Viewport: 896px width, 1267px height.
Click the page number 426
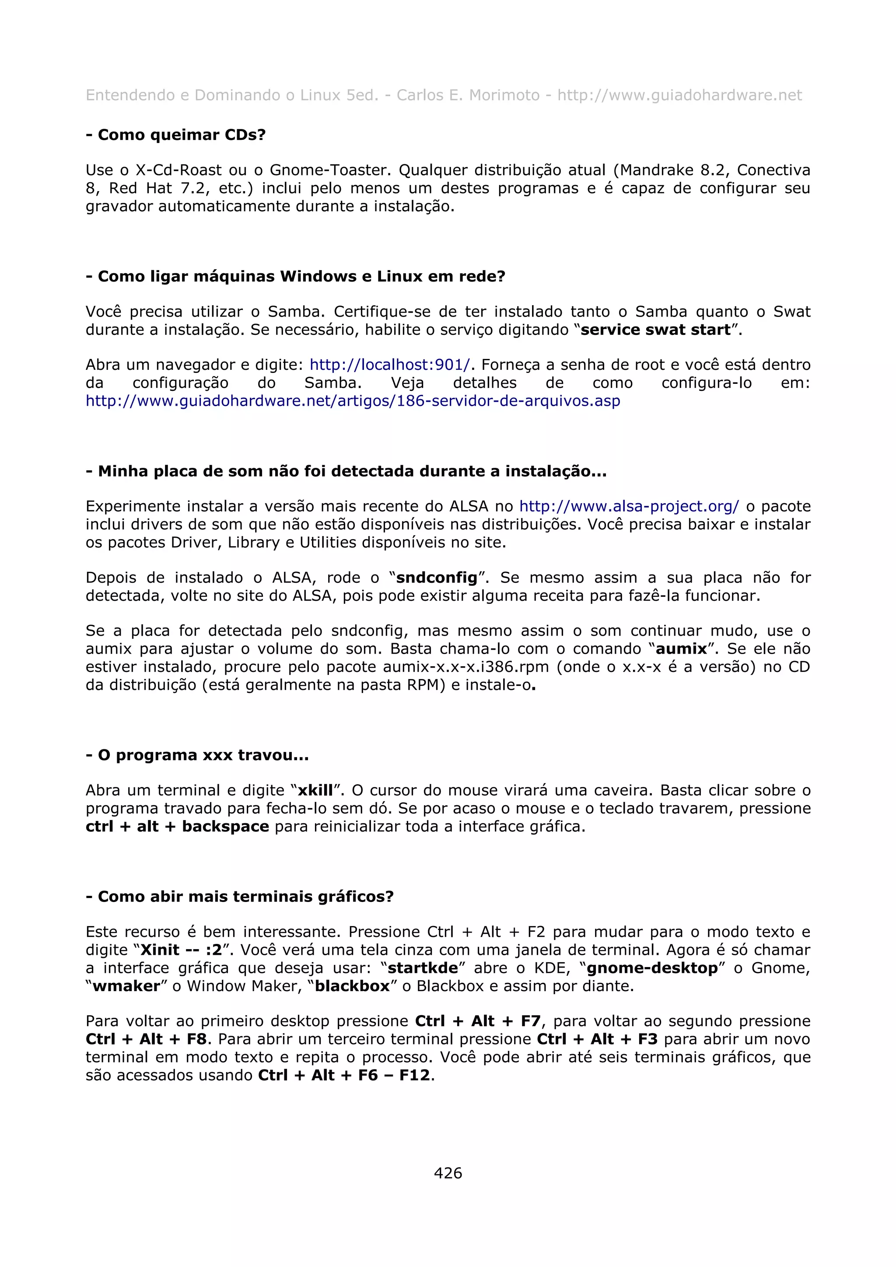(x=448, y=1173)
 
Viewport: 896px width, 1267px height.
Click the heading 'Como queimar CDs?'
(x=175, y=135)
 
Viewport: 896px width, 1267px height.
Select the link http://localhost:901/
(x=390, y=365)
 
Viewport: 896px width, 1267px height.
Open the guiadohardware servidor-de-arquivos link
(x=353, y=400)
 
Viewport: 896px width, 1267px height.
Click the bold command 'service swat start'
(x=656, y=330)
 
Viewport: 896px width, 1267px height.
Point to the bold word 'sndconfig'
(x=437, y=577)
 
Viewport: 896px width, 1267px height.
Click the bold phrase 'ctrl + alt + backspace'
(x=177, y=826)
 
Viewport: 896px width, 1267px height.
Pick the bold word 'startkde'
(x=423, y=968)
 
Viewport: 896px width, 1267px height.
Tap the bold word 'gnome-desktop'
(x=652, y=968)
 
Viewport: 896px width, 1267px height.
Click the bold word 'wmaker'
(x=126, y=985)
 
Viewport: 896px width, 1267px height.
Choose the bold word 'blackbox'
(x=352, y=985)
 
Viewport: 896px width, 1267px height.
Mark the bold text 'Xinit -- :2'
(x=181, y=950)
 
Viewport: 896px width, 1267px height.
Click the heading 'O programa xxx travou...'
(x=197, y=755)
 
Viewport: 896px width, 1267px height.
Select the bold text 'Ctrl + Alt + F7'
(x=478, y=1021)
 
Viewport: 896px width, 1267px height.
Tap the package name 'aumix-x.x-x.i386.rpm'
(x=466, y=667)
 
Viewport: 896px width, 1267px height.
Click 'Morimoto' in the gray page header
(x=504, y=95)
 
